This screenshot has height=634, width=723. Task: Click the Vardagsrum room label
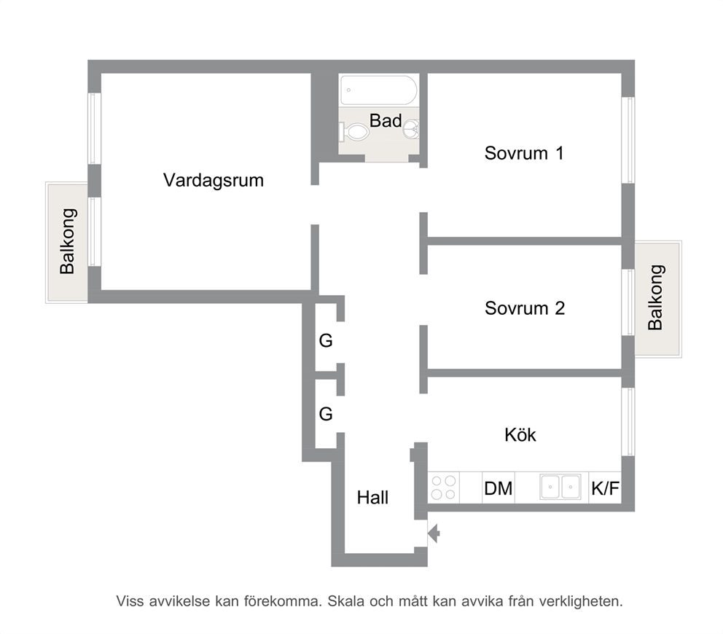tap(214, 181)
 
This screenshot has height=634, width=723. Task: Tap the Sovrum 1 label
tap(524, 153)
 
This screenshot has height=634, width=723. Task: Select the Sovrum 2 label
tap(525, 308)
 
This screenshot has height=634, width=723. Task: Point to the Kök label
tap(520, 435)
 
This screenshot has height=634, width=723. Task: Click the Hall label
tap(372, 498)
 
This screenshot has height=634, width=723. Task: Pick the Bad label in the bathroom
tap(386, 121)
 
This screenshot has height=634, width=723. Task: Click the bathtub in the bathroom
tap(378, 90)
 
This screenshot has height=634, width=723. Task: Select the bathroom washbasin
tap(412, 129)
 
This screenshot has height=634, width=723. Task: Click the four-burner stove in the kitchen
tap(444, 488)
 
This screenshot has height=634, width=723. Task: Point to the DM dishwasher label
tap(498, 488)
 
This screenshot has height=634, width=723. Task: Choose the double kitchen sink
tap(560, 487)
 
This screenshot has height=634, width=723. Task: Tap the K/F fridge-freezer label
tap(605, 488)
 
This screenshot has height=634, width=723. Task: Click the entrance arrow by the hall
tap(434, 533)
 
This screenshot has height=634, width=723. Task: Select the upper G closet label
tap(326, 341)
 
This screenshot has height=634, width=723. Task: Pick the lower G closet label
tap(326, 414)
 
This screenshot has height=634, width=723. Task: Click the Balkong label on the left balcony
tap(68, 242)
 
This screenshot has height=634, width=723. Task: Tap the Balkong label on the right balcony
tap(655, 297)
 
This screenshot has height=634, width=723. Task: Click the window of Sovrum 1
tap(628, 140)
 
